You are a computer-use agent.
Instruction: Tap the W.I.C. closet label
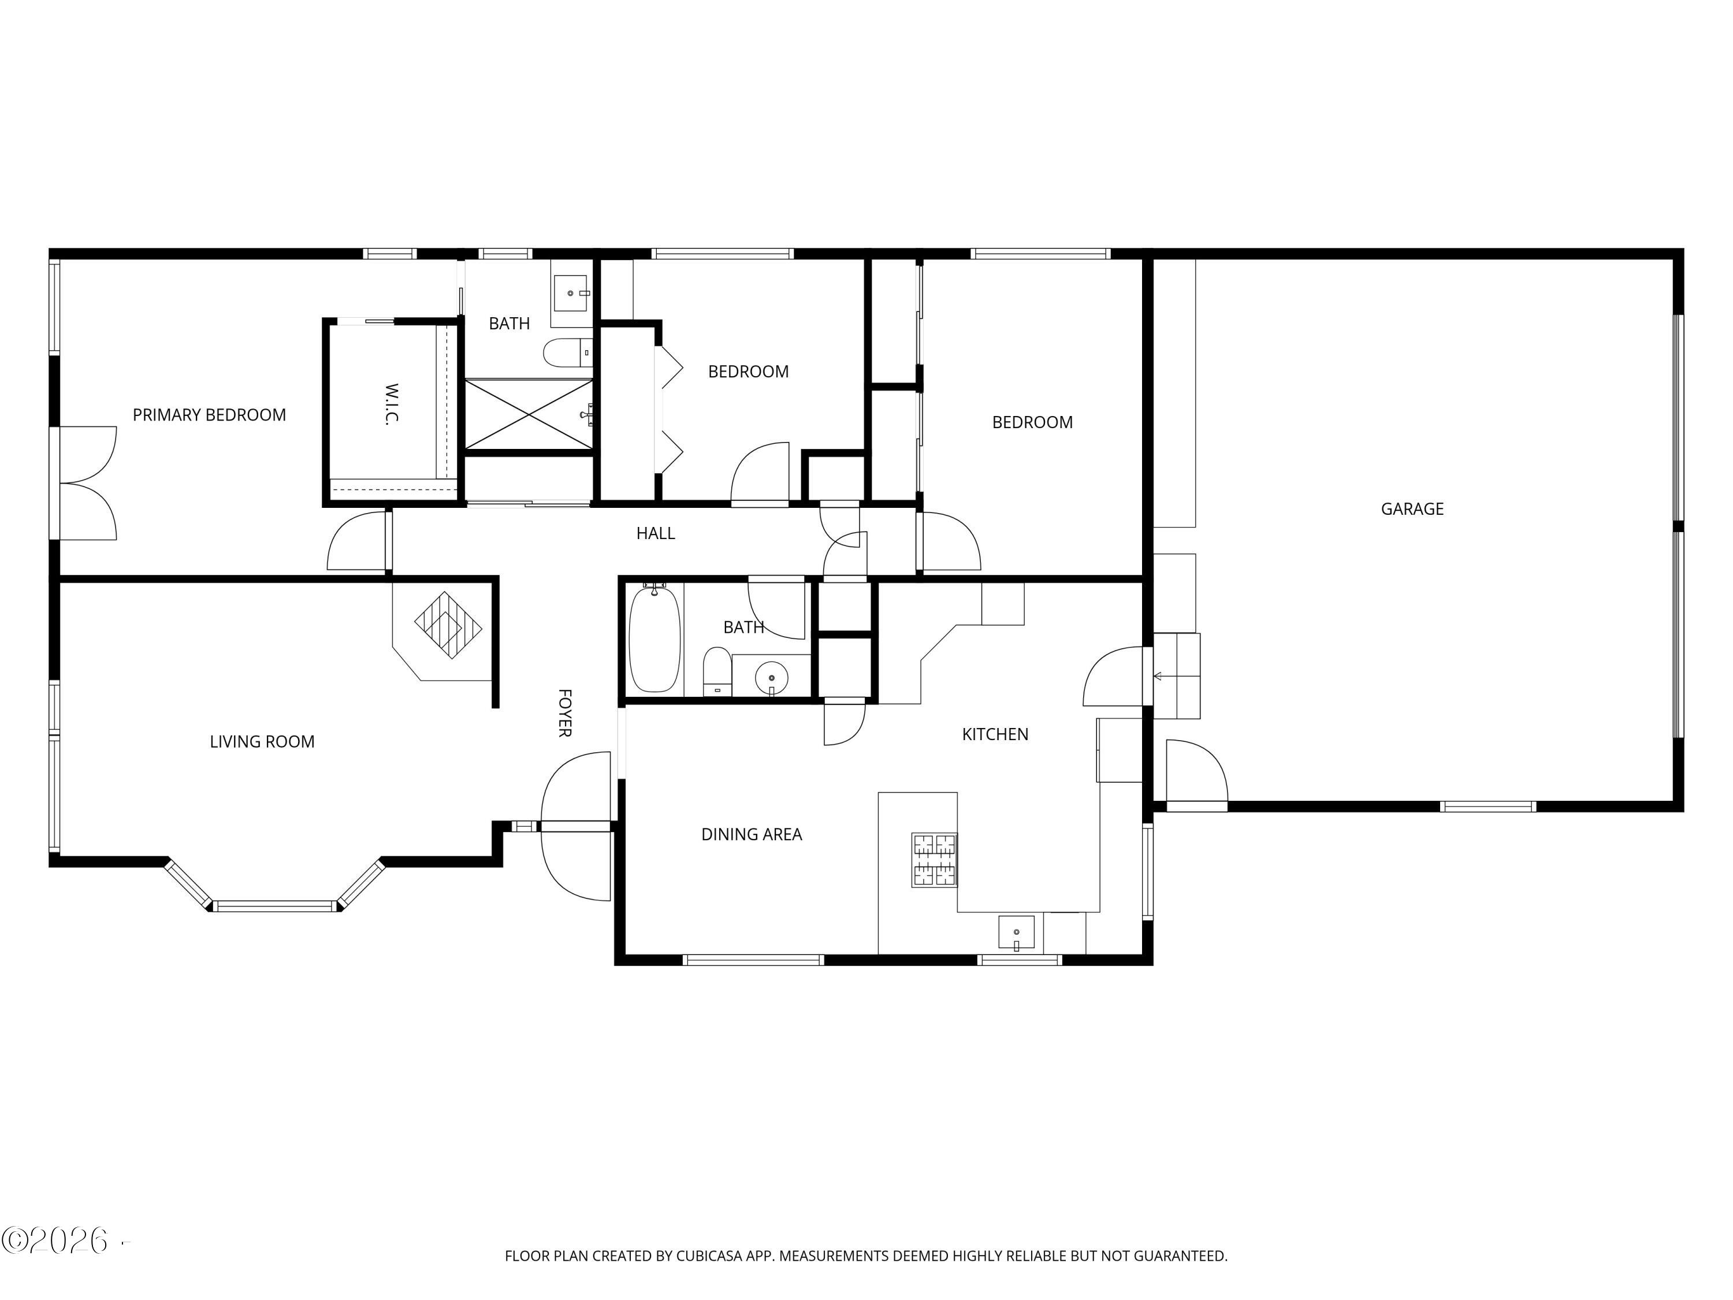(x=392, y=403)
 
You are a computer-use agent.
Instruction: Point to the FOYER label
(x=564, y=712)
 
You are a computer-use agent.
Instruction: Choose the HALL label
(x=655, y=534)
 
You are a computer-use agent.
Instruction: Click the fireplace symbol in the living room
(x=447, y=625)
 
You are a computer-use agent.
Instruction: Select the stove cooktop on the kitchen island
(x=934, y=860)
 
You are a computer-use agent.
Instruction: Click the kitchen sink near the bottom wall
(x=1016, y=933)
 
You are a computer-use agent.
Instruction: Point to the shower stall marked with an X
(x=529, y=414)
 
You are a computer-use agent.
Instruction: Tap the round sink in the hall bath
(x=772, y=678)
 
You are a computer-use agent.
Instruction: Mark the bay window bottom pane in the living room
(x=274, y=907)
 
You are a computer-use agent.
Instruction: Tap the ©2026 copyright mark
(x=55, y=1241)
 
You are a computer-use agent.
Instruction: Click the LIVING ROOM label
(x=262, y=742)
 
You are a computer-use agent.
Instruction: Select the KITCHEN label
(x=994, y=734)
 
